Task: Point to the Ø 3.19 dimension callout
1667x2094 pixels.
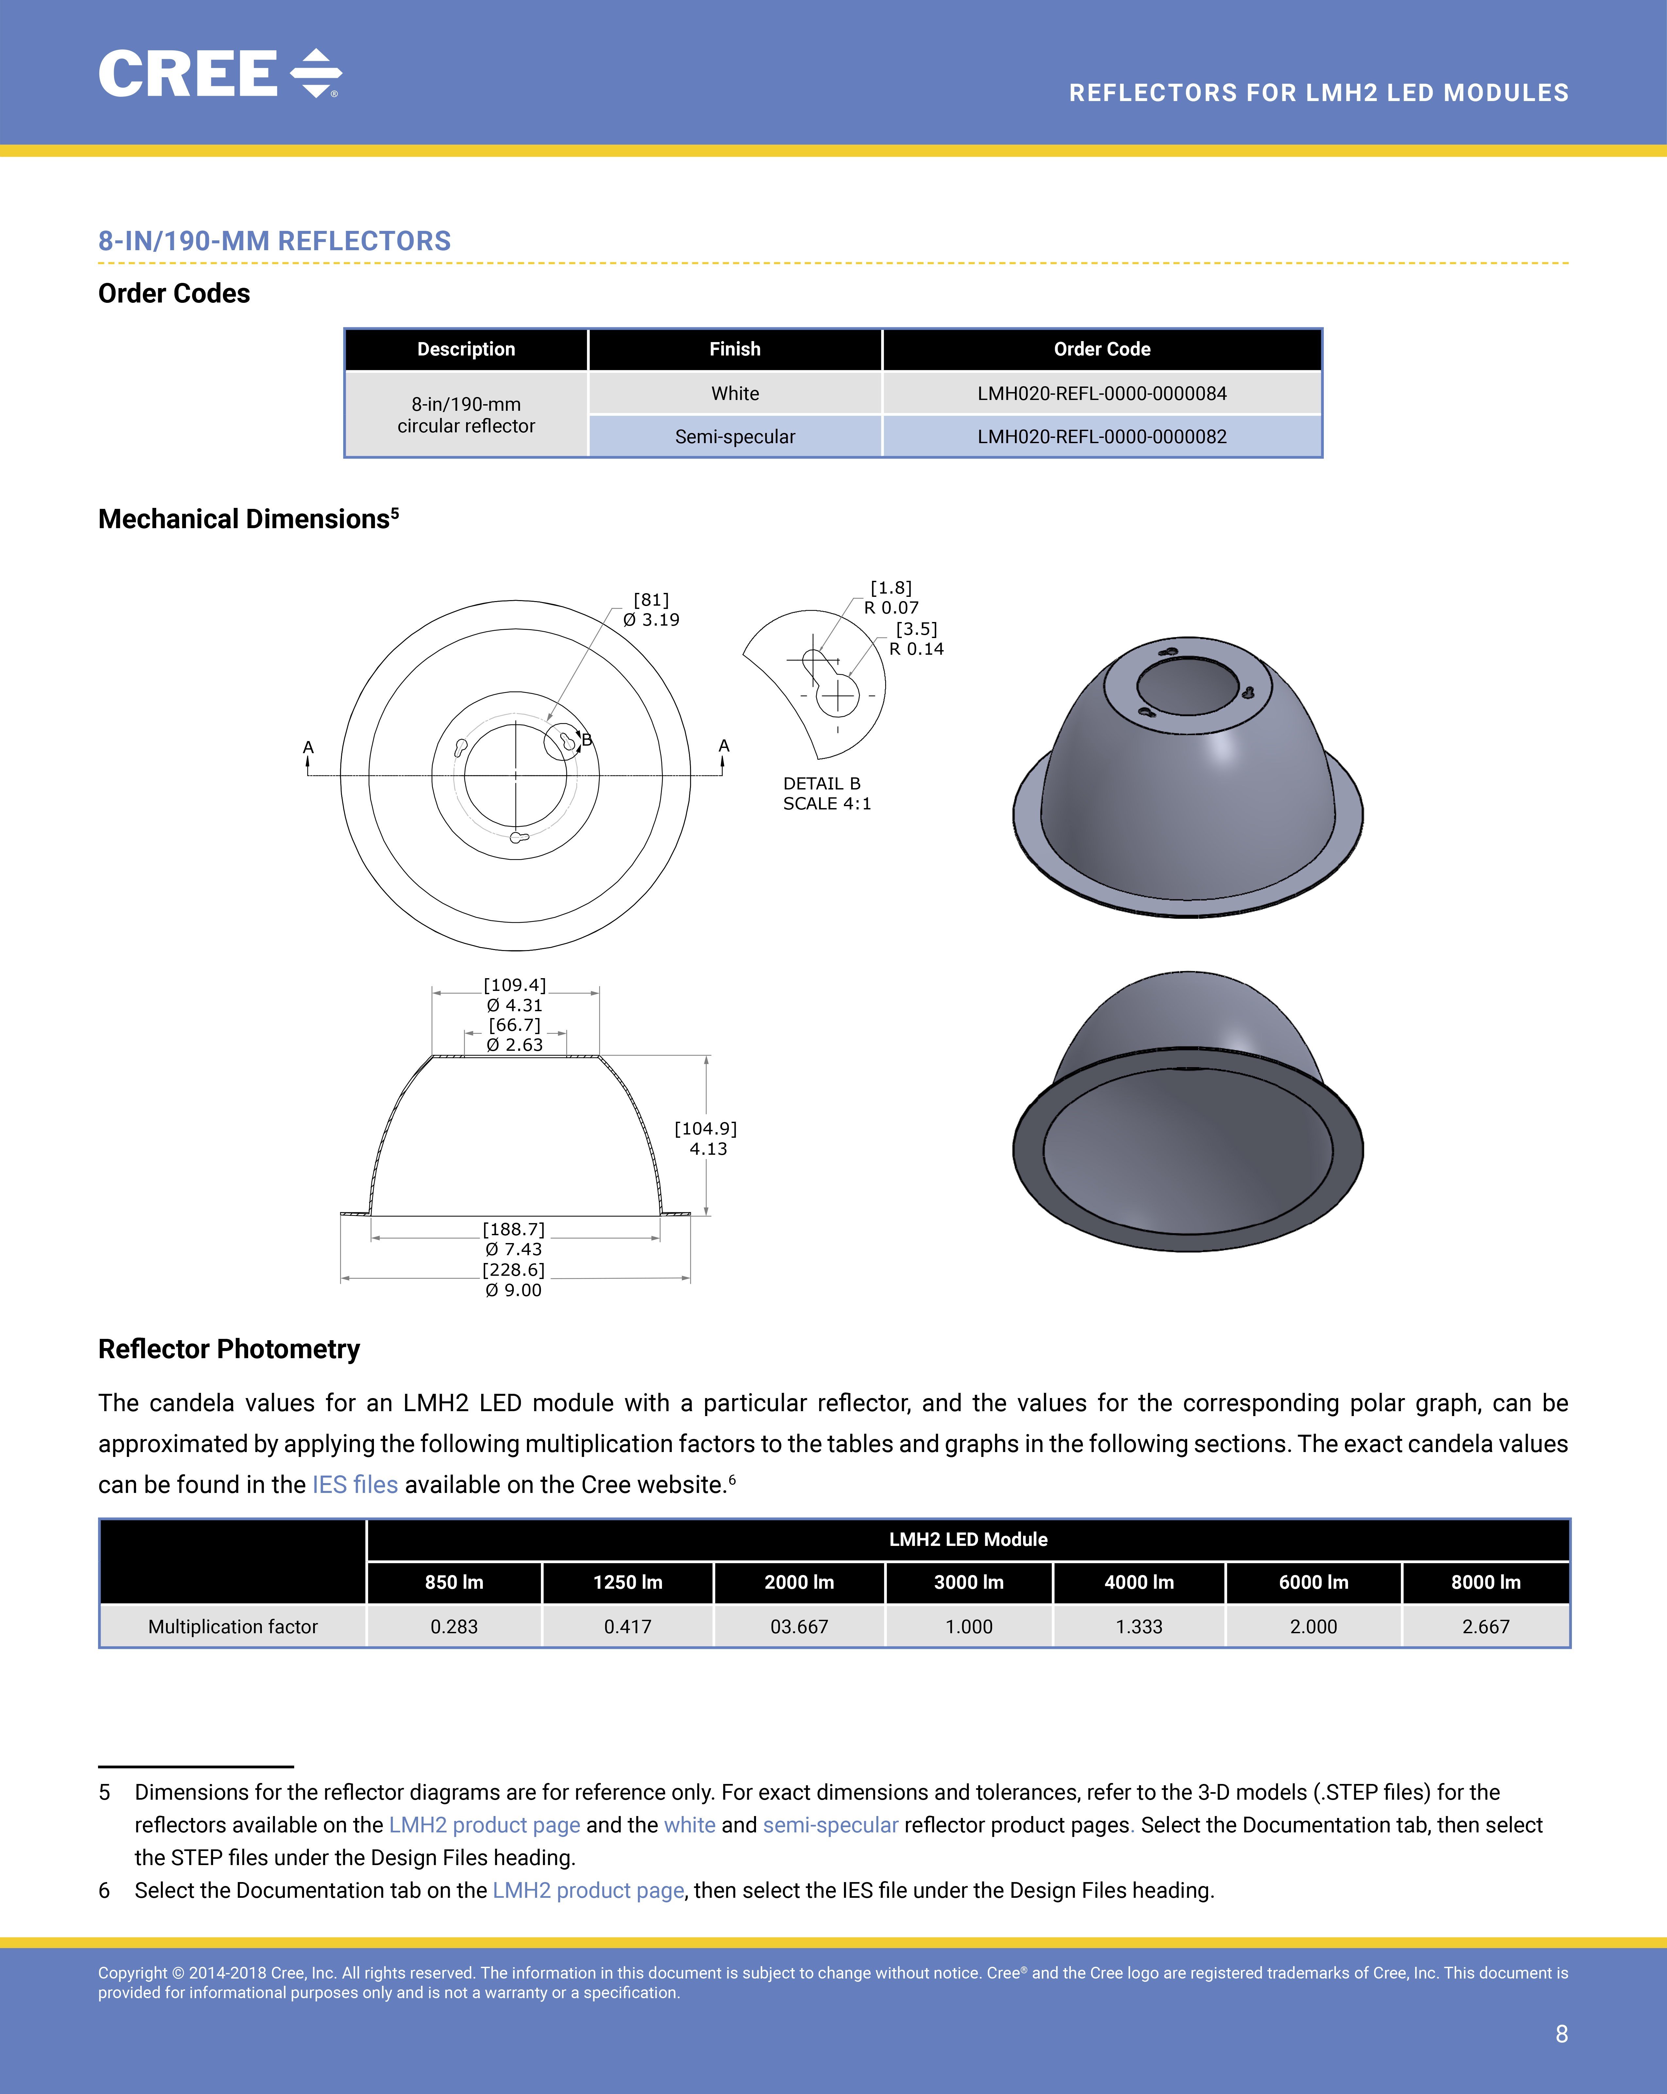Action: click(651, 620)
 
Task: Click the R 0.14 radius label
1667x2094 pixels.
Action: click(917, 649)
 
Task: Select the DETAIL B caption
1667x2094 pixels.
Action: click(821, 784)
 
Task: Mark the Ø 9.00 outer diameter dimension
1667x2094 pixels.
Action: click(514, 1290)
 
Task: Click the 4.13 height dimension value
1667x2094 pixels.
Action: click(708, 1149)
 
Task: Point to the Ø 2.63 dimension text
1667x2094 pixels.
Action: click(514, 1045)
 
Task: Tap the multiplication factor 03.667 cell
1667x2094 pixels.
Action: click(799, 1627)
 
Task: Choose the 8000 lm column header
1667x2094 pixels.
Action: click(1486, 1582)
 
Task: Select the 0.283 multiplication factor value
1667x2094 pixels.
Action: click(454, 1627)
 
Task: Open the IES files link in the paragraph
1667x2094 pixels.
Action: click(355, 1485)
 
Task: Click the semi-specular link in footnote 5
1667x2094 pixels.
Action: click(830, 1825)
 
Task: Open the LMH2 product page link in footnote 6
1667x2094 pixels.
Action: click(588, 1890)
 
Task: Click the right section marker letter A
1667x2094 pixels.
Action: click(723, 746)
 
